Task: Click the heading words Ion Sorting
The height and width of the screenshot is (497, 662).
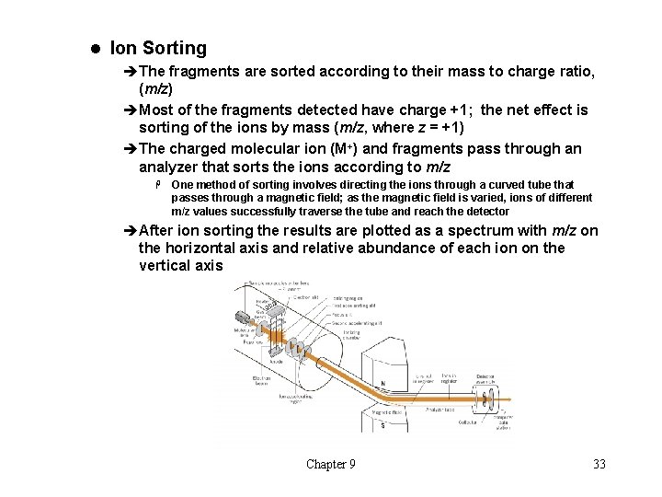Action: pyautogui.click(x=158, y=48)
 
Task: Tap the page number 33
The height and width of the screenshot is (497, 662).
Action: pyautogui.click(x=599, y=464)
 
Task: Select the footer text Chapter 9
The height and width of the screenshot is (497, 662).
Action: pyautogui.click(x=331, y=464)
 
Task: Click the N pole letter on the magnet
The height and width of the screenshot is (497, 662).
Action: pyautogui.click(x=382, y=383)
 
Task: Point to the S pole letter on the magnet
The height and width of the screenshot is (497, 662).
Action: pyautogui.click(x=382, y=425)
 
